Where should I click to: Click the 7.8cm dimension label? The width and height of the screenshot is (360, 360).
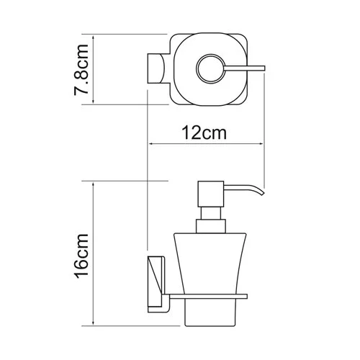(84, 69)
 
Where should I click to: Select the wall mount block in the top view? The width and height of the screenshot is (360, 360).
(156, 69)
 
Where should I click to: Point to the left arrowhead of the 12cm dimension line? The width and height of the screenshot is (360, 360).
(151, 144)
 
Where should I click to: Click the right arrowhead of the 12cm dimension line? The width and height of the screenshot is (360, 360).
(261, 144)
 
